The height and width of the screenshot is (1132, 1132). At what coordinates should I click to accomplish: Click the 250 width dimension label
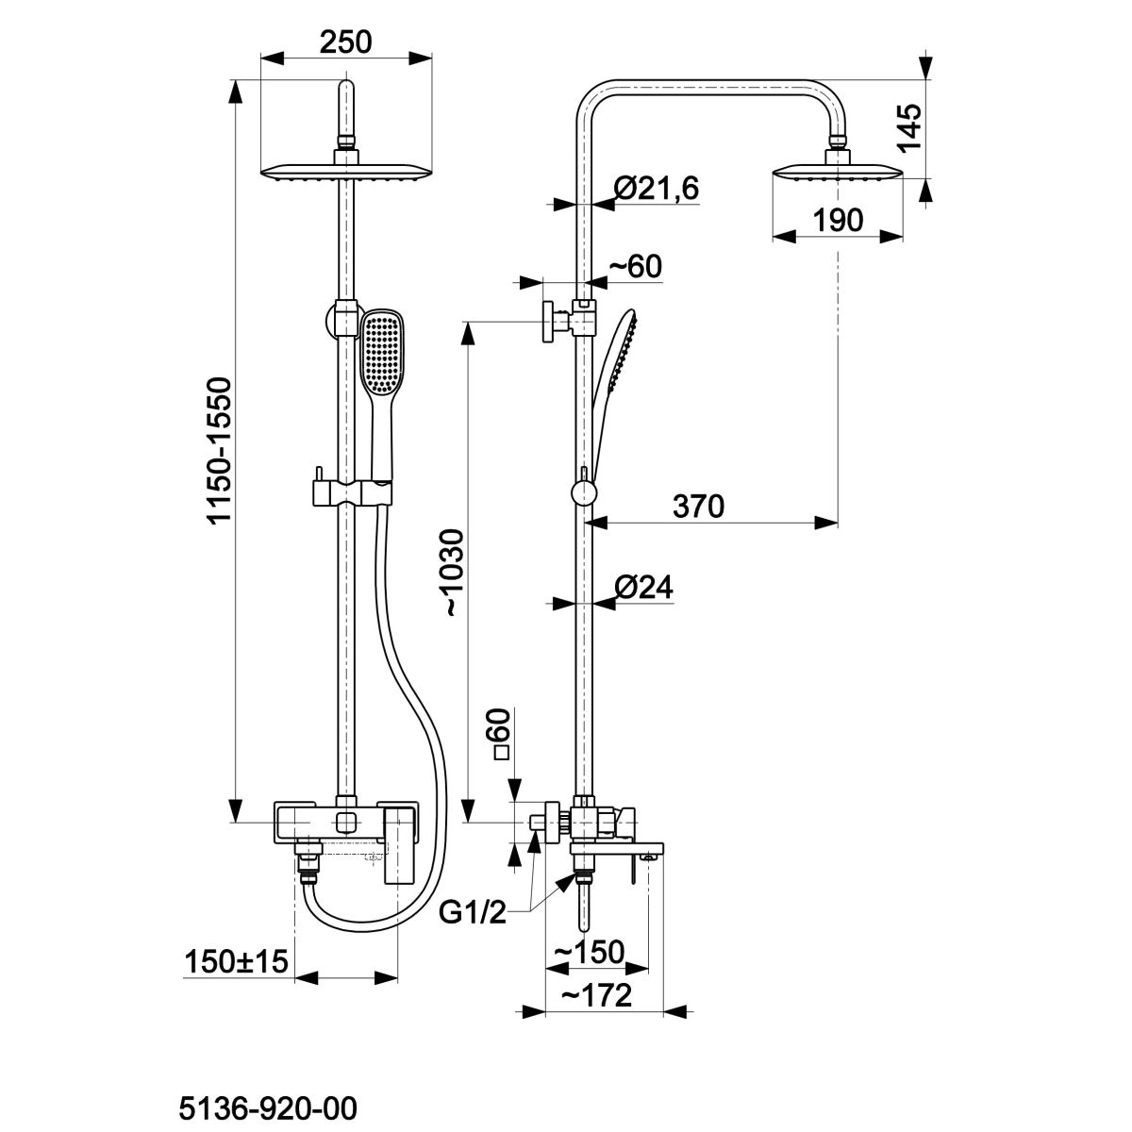pos(345,42)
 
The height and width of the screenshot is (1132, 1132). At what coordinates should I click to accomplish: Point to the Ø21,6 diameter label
pos(657,189)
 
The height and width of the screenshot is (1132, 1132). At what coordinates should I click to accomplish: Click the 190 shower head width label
pos(838,221)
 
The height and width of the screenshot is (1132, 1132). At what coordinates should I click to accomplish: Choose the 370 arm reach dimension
pos(698,506)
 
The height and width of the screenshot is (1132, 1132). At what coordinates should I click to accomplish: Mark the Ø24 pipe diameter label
pos(643,587)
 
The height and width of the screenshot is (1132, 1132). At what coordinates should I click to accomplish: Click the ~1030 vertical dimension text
pos(455,573)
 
